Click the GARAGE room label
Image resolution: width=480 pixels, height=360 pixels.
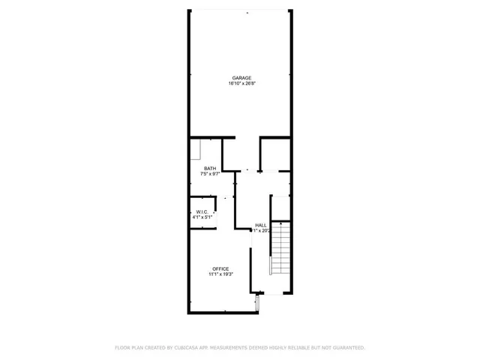point(241,78)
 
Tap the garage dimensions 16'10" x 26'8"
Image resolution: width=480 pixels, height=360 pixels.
point(241,84)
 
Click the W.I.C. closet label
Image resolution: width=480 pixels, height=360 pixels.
point(202,211)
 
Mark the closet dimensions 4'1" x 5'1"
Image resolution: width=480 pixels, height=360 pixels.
point(202,217)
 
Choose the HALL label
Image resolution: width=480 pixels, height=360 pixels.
point(260,225)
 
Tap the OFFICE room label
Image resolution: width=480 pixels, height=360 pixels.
point(220,268)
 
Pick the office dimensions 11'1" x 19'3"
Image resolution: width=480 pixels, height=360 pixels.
point(220,274)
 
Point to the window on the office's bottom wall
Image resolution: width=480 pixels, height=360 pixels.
point(258,303)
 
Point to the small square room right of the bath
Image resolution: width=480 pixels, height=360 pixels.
point(274,154)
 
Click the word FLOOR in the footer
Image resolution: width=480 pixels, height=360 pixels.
point(122,348)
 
